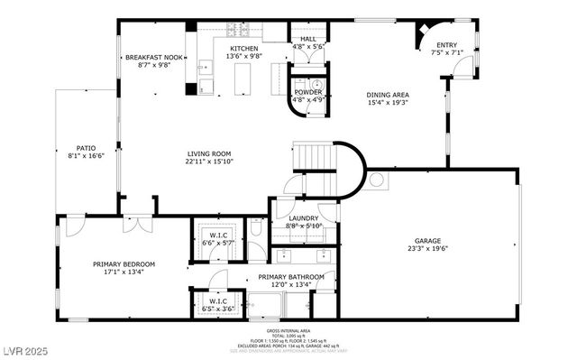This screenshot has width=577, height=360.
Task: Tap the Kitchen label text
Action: pyautogui.click(x=244, y=49)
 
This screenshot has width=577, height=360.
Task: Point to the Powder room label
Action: pyautogui.click(x=307, y=92)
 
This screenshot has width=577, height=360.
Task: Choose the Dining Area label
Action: pyautogui.click(x=388, y=95)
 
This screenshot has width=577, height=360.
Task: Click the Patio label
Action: pyautogui.click(x=86, y=148)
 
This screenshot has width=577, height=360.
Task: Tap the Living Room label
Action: pyautogui.click(x=209, y=153)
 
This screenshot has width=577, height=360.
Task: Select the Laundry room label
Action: pyautogui.click(x=304, y=218)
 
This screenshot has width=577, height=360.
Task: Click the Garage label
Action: pyautogui.click(x=427, y=241)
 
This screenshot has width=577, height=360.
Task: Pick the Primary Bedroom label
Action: pyautogui.click(x=124, y=264)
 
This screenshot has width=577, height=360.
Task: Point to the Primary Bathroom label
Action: pyautogui.click(x=284, y=277)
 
